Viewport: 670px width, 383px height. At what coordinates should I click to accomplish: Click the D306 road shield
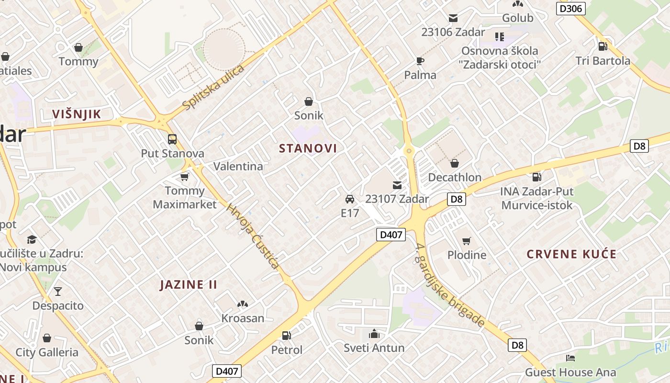(x=571, y=8)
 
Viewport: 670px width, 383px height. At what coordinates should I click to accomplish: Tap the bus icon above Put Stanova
(x=172, y=139)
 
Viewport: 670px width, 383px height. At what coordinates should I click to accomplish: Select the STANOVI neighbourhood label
(x=308, y=148)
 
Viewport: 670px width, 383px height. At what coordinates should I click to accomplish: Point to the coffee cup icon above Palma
(x=420, y=61)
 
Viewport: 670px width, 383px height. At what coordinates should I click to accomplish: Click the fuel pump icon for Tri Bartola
(x=603, y=46)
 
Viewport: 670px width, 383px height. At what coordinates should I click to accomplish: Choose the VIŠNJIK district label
(x=77, y=114)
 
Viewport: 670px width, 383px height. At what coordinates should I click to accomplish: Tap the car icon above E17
(x=350, y=199)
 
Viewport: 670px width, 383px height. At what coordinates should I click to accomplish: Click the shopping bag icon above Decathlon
(x=455, y=163)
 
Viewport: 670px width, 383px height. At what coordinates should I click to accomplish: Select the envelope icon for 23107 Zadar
(x=397, y=185)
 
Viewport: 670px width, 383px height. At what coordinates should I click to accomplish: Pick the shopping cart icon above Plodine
(x=467, y=241)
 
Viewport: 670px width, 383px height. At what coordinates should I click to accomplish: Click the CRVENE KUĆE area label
(x=571, y=254)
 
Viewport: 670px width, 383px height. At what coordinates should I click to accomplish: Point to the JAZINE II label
(x=189, y=285)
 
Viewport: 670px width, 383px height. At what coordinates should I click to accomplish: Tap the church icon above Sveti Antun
(x=374, y=334)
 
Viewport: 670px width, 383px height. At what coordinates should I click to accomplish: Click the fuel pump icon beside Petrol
(x=286, y=336)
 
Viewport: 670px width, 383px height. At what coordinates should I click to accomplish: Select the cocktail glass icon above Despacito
(x=58, y=291)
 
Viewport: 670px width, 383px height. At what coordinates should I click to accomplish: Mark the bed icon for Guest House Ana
(x=570, y=358)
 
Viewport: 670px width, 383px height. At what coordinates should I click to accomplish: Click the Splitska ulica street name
(x=213, y=87)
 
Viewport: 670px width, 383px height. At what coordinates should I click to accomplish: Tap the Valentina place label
(x=238, y=166)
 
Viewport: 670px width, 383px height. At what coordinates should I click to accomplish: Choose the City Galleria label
(x=47, y=352)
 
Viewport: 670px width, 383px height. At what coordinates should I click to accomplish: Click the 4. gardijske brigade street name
(x=450, y=286)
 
